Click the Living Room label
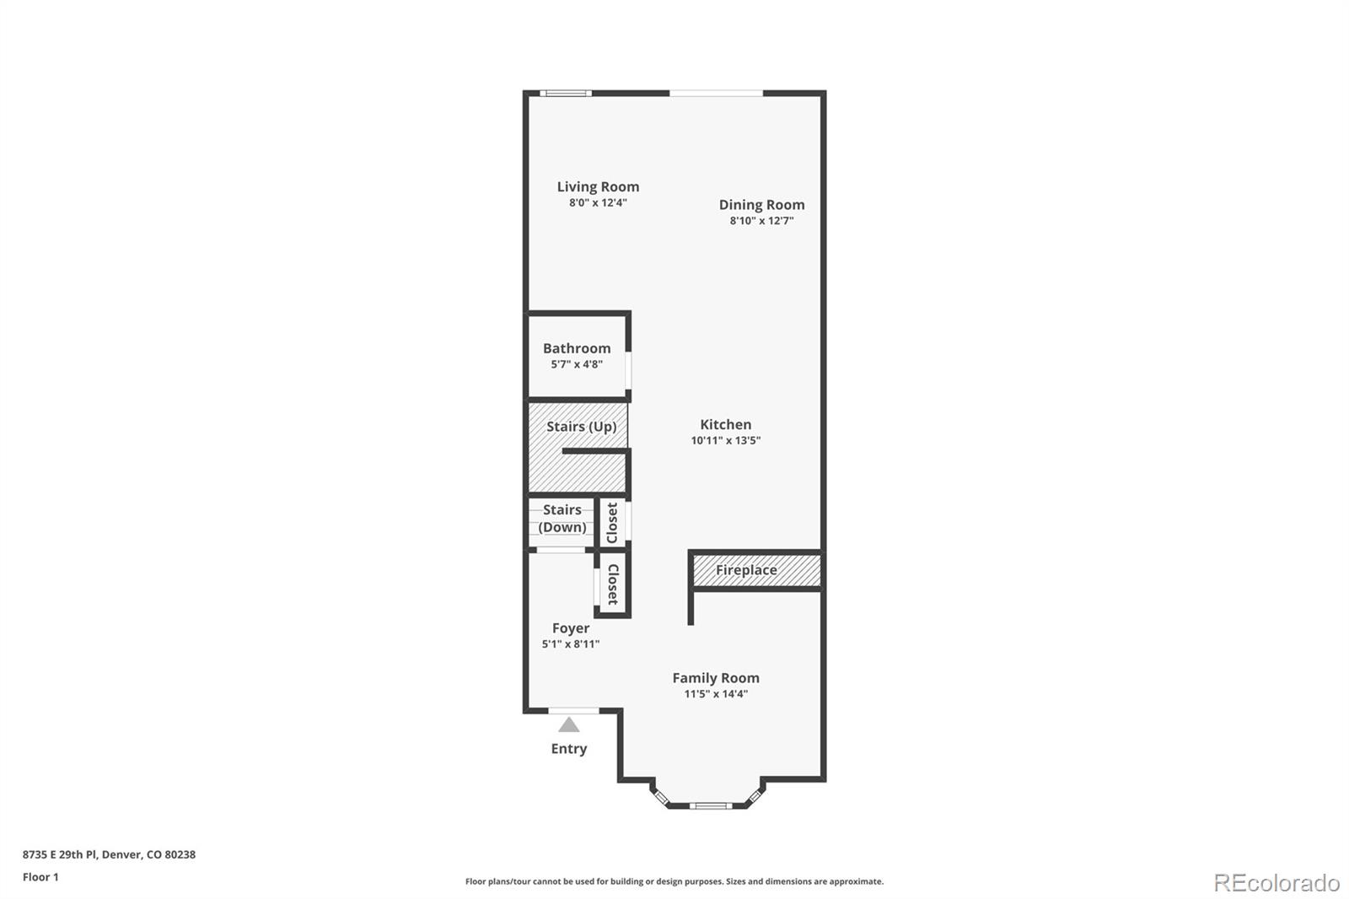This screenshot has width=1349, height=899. [598, 186]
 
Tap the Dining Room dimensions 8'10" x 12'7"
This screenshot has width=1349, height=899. [761, 221]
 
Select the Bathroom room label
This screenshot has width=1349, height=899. [577, 348]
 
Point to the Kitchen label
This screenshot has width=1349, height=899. [725, 424]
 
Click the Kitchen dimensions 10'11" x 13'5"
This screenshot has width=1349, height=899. [725, 440]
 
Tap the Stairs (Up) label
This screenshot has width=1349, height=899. [581, 427]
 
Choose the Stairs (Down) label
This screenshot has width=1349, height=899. [562, 519]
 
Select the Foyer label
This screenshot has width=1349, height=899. [571, 628]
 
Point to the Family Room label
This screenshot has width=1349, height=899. [716, 678]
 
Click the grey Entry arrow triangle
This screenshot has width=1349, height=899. [569, 724]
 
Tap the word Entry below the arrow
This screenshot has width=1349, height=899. [569, 749]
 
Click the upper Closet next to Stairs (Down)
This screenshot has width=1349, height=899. [613, 523]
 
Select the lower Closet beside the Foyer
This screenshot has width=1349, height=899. [613, 584]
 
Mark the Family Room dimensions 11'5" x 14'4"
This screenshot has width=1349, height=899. [716, 694]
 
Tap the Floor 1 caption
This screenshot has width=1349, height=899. [40, 877]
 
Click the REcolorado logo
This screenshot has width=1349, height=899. [1276, 883]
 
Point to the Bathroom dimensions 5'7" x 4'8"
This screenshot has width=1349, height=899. [577, 364]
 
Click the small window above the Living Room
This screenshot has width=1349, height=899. [565, 93]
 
